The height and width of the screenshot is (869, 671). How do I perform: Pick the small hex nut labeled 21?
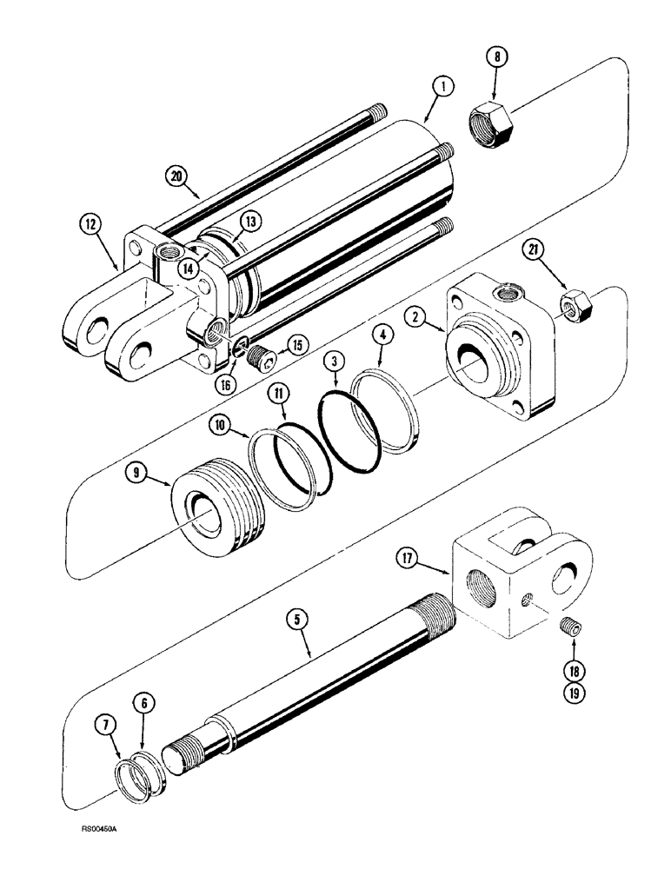577,305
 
